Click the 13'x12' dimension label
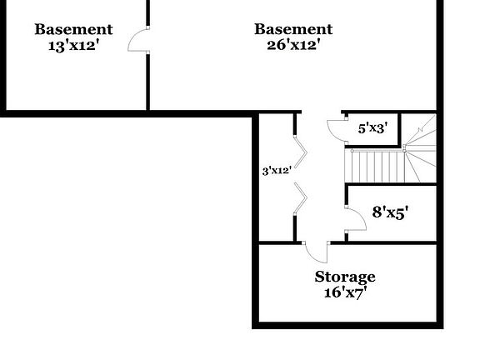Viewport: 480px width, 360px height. coord(74,46)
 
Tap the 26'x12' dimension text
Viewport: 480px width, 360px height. coord(293,45)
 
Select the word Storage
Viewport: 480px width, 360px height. coord(345,277)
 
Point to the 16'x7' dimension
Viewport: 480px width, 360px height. coord(345,292)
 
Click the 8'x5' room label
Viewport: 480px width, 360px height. coord(390,212)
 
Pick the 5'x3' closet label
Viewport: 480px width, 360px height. coord(373,128)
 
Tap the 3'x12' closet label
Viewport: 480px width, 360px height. coord(277,171)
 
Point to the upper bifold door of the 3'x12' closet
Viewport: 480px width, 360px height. coord(301,152)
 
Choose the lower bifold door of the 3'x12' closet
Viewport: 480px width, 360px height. coord(301,198)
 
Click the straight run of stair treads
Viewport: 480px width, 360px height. coord(375,166)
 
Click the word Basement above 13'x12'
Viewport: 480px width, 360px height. coord(74,30)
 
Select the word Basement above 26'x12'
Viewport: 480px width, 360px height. coord(293,29)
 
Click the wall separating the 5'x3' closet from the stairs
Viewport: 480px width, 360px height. coord(399,128)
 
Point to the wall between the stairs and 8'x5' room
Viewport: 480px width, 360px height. coord(391,184)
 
